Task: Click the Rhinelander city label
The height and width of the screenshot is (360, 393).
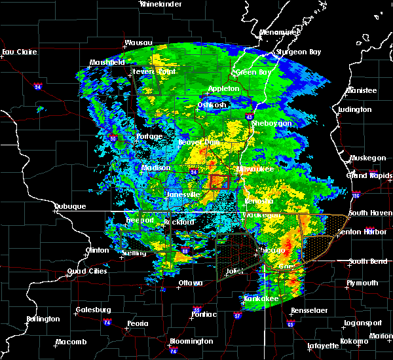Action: click(x=160, y=4)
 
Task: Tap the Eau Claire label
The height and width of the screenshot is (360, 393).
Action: click(x=18, y=52)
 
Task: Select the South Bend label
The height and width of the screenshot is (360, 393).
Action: click(x=365, y=261)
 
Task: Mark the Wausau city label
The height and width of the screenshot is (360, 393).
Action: click(x=139, y=44)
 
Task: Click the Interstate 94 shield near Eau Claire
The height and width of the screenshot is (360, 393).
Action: click(x=38, y=84)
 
